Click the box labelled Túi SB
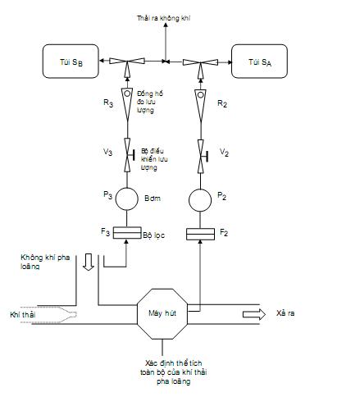pos(71,62)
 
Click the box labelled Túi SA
pos(259,62)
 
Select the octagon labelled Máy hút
pos(162,314)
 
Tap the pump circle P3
pos(127,198)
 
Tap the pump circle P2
pos(200,200)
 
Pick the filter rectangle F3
pos(127,233)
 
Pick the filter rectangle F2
pos(200,234)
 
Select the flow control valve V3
pos(128,155)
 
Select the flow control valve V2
pos(202,157)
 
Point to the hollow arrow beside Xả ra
pos(254,314)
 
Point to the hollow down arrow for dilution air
pos(89,262)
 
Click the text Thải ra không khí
pos(163,18)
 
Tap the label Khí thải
pos(23,315)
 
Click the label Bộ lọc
pos(153,235)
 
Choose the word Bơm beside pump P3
pos(153,198)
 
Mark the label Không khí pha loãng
pos(45,262)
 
